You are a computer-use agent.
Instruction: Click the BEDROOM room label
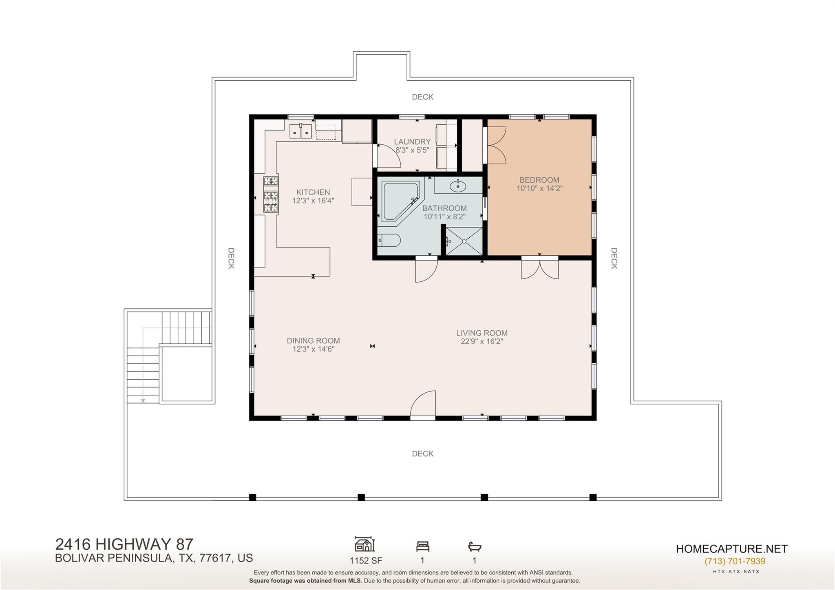pyautogui.click(x=539, y=180)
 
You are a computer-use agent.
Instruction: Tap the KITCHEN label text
pyautogui.click(x=313, y=192)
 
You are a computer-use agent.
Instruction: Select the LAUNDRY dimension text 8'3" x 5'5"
pyautogui.click(x=412, y=150)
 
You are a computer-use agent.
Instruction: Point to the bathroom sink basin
pyautogui.click(x=458, y=186)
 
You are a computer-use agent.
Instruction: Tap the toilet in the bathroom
pyautogui.click(x=389, y=240)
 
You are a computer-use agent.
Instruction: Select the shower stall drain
pyautogui.click(x=464, y=241)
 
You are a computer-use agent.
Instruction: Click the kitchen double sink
pyautogui.click(x=300, y=131)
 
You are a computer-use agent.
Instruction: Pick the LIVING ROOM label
pyautogui.click(x=482, y=333)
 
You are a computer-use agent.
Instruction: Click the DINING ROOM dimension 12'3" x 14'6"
pyautogui.click(x=313, y=349)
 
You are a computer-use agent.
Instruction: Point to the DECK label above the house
pyautogui.click(x=422, y=97)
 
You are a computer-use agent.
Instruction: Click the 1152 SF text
pyautogui.click(x=366, y=561)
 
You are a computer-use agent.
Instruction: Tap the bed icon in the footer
pyautogui.click(x=422, y=546)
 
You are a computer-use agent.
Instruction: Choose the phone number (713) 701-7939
pyautogui.click(x=735, y=561)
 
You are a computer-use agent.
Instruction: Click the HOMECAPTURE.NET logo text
pyautogui.click(x=732, y=549)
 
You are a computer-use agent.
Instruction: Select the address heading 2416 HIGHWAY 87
pyautogui.click(x=124, y=544)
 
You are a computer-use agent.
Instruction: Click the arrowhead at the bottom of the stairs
pyautogui.click(x=143, y=401)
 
